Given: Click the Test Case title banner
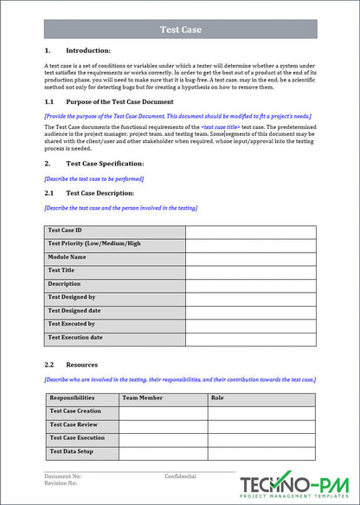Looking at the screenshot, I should tap(180, 29).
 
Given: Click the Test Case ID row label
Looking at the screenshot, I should tap(114, 231).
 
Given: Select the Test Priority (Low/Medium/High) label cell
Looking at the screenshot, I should tap(114, 244).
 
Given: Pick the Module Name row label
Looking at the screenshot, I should tap(114, 257).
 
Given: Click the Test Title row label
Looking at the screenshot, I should tap(114, 271).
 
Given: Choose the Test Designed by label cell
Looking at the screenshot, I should tap(114, 297).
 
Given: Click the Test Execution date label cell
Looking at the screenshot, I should tap(114, 338).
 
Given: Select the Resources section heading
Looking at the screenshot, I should tap(81, 365).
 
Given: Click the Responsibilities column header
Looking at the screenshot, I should tap(82, 398).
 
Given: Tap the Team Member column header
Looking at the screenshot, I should tap(163, 398).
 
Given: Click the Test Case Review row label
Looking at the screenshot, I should tap(82, 425).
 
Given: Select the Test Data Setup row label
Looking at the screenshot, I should tap(82, 452).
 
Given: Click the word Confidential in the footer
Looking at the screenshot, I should tap(181, 476).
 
